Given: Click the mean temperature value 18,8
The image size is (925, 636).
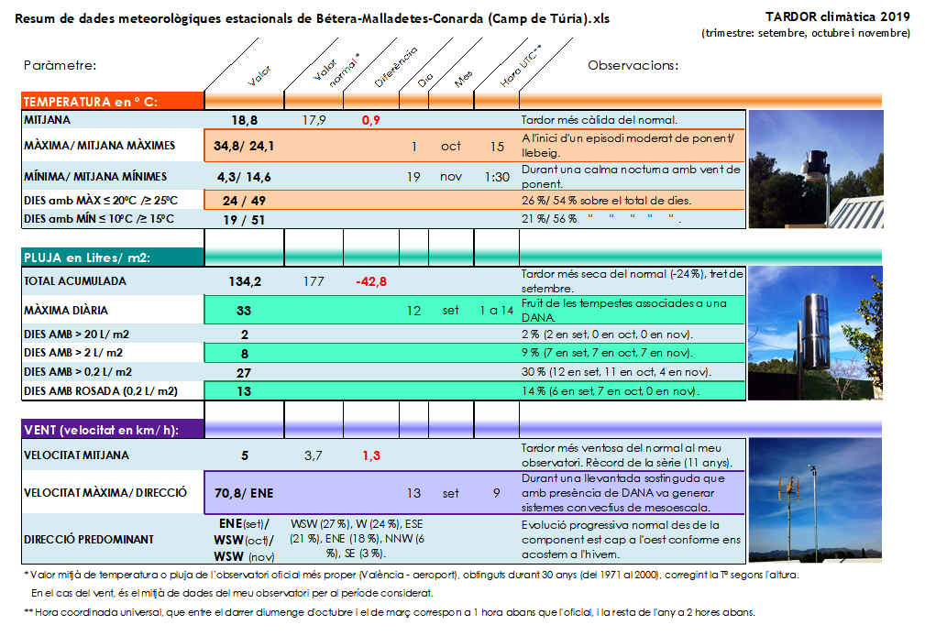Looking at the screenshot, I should point(244,120).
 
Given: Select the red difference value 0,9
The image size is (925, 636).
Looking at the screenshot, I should point(371,120).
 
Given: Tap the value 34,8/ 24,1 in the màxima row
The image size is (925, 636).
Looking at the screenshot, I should point(244,146).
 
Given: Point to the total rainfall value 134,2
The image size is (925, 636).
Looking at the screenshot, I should point(245,281).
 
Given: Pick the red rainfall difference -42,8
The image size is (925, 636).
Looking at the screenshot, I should point(371,281).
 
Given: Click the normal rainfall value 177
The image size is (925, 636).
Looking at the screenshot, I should point(314,281).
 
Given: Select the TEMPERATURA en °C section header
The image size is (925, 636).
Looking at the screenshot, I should point(91,102).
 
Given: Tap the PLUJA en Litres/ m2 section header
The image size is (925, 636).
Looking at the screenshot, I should point(87,258).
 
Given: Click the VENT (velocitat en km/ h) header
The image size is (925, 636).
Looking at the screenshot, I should point(101,430).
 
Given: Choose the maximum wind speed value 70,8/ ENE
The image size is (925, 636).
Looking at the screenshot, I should point(244,493).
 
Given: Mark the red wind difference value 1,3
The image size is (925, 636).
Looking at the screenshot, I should point(371,455).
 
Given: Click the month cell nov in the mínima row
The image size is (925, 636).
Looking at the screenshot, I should point(451,177).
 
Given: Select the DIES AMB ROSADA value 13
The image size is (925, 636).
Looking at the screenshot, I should point(245,391).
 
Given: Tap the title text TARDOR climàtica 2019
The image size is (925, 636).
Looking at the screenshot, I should point(837,16).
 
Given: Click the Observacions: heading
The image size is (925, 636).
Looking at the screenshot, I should point(633,66).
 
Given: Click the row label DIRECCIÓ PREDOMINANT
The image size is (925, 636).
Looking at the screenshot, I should point(88,540).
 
